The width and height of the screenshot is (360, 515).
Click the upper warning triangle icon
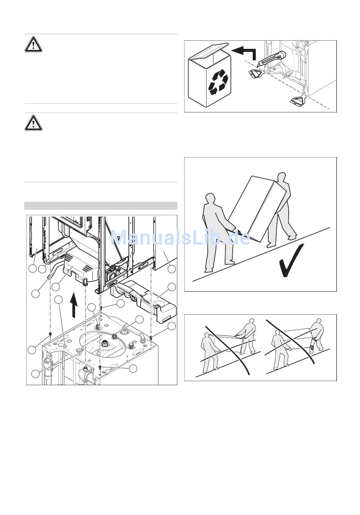click(33, 44)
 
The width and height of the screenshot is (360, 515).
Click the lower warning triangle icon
click(33, 123)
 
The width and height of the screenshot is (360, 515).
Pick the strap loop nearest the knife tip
click(255, 74)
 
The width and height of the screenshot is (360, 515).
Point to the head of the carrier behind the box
click(281, 178)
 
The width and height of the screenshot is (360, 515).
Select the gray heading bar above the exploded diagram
click(101, 206)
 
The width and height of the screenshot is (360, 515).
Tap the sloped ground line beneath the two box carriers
click(261, 254)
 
